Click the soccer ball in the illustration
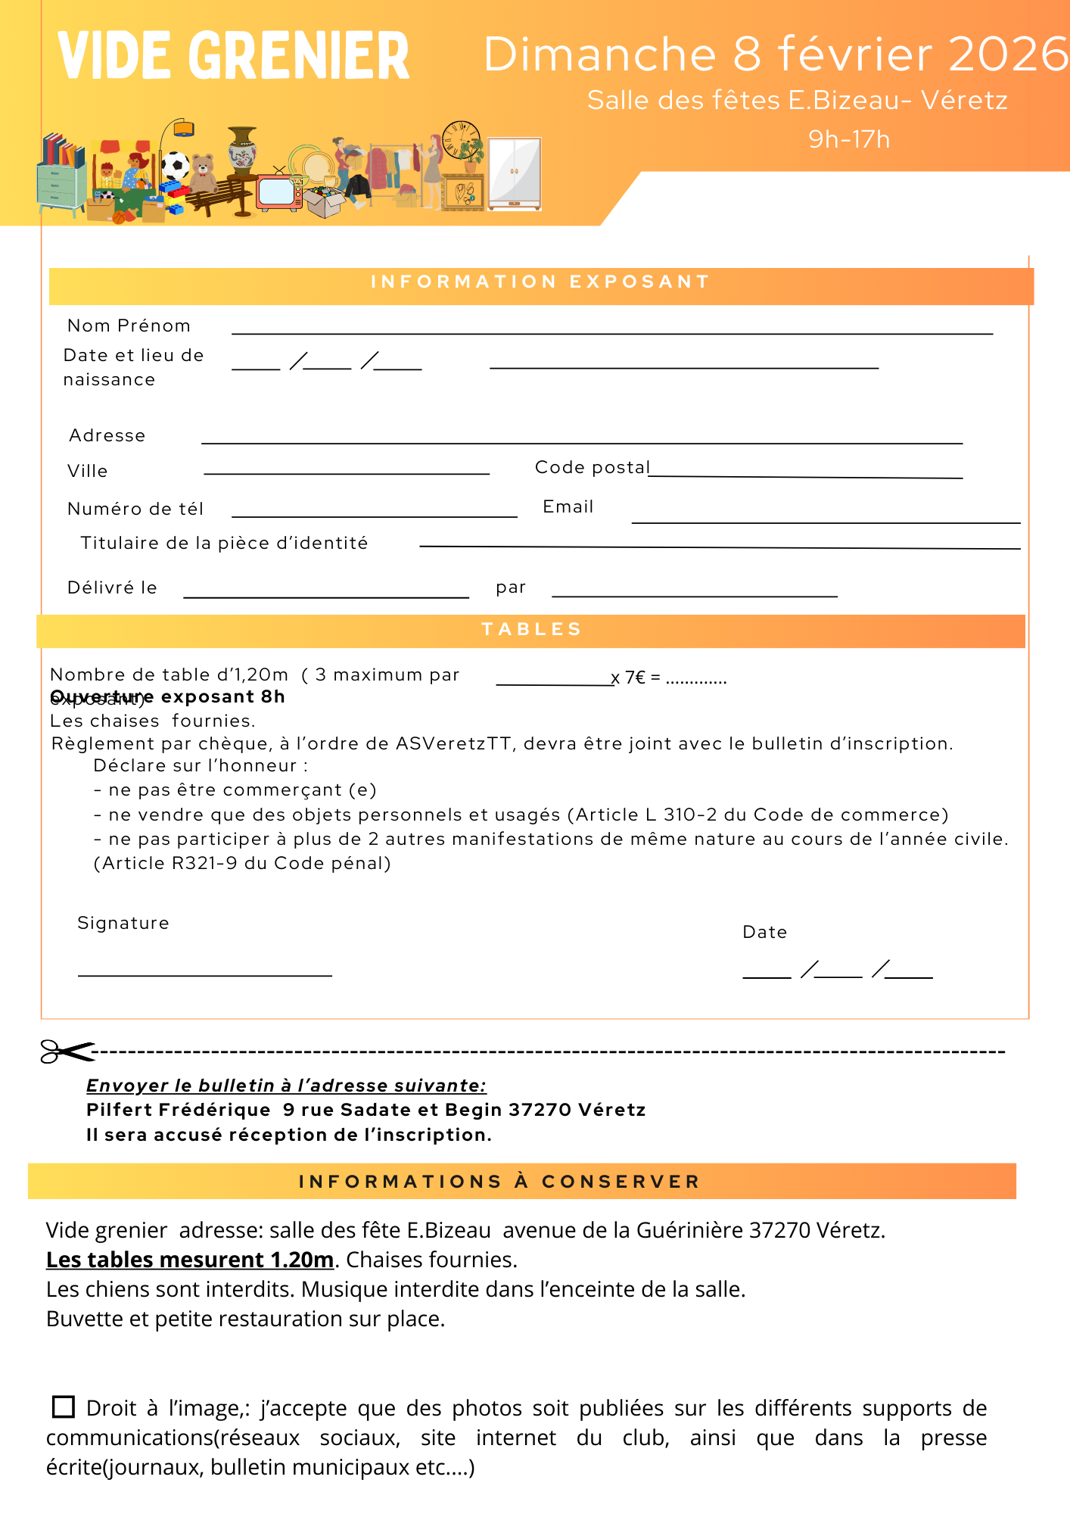[x=176, y=164]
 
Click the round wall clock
[x=461, y=139]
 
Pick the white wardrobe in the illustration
[x=515, y=173]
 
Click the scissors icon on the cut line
[x=67, y=1051]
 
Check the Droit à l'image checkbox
[x=64, y=1407]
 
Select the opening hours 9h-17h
[x=848, y=139]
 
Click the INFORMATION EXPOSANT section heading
[x=540, y=282]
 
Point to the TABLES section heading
[x=531, y=630]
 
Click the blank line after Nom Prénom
[x=611, y=332]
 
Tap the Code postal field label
[x=592, y=468]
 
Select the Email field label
[x=568, y=507]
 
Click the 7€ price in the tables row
[x=635, y=678]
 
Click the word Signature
[x=123, y=924]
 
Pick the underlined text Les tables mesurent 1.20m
[x=190, y=1260]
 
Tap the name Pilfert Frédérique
[x=179, y=1111]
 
